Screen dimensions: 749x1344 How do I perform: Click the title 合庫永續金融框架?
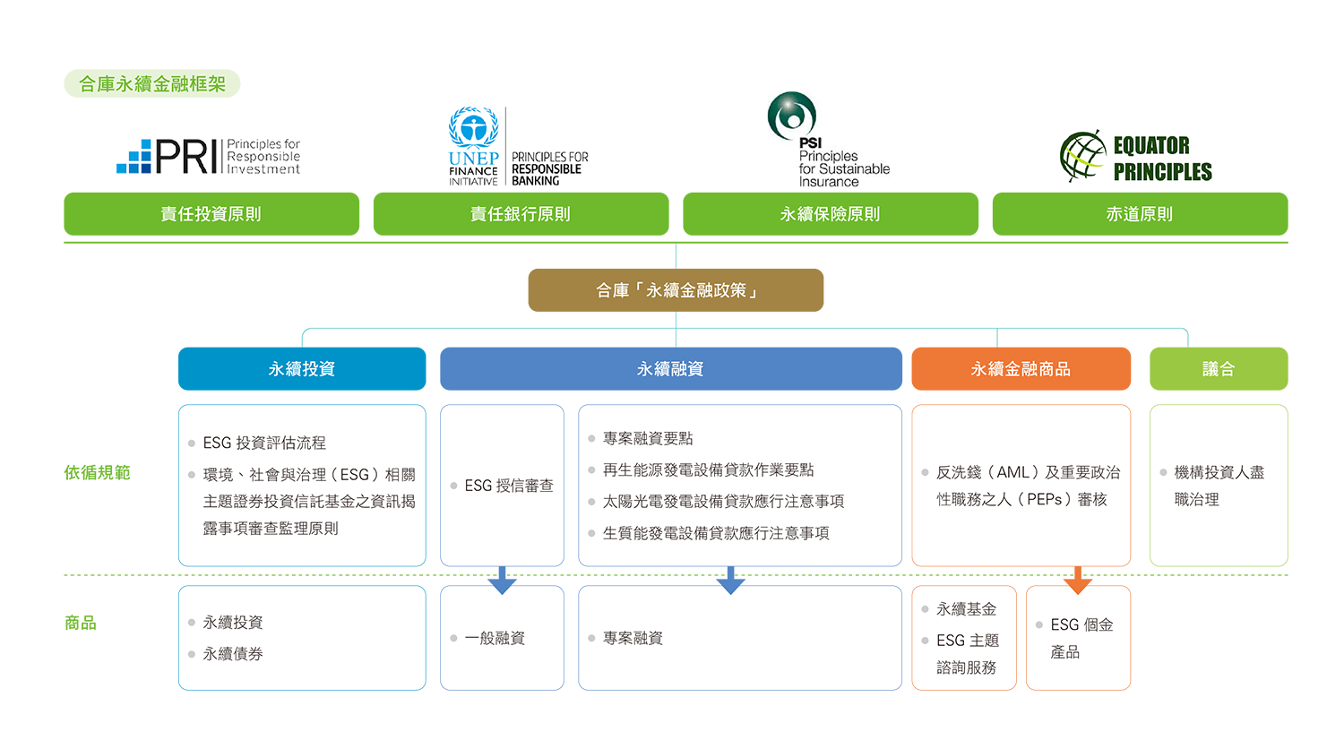152,84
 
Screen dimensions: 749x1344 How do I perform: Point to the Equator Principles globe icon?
1082,157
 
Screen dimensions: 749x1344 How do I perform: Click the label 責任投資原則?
211,214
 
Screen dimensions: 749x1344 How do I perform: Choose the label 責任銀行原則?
520,214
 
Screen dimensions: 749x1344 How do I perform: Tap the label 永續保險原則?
830,214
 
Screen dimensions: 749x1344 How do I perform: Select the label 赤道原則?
1139,214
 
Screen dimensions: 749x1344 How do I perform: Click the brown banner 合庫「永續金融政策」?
676,290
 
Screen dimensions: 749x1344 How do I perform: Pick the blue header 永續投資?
301,369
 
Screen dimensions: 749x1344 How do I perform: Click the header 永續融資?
670,369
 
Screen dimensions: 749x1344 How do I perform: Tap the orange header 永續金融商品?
1021,369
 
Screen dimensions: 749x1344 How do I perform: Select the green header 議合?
1218,369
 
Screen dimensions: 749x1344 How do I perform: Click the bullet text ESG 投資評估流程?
264,443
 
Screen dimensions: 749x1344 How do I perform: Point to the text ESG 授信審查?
508,486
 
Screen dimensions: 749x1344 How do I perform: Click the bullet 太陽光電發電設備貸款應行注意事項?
723,502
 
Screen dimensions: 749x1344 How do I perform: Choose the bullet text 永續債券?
233,654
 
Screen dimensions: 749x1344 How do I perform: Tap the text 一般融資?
495,638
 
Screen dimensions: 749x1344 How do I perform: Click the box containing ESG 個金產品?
1078,638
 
